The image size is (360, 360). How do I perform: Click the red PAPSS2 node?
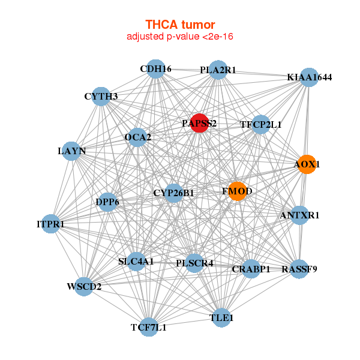pos(199,123)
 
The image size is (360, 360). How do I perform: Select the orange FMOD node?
pos(237,191)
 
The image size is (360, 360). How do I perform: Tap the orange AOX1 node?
pos(307,164)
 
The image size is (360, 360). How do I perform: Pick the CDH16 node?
pos(156,69)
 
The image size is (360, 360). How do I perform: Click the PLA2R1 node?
pos(218,70)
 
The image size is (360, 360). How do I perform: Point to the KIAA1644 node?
pos(309,77)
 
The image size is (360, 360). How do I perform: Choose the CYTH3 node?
pos(101,96)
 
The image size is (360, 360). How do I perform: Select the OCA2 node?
pos(137,137)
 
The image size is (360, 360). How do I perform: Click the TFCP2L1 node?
pos(260,125)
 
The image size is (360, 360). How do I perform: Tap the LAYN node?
pos(72,151)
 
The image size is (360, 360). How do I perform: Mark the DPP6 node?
pos(107,202)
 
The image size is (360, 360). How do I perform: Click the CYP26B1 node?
pos(173,193)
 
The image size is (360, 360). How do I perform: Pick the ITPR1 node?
pos(50,224)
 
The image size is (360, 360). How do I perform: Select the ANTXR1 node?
pos(300,215)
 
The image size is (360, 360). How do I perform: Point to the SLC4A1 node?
pos(136,262)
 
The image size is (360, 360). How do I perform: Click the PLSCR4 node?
pos(194,263)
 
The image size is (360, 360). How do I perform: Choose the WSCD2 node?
pos(84,286)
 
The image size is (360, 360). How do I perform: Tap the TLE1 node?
pos(221,317)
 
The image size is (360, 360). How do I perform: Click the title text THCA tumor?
pos(180,25)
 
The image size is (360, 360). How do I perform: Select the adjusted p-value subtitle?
pos(180,37)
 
